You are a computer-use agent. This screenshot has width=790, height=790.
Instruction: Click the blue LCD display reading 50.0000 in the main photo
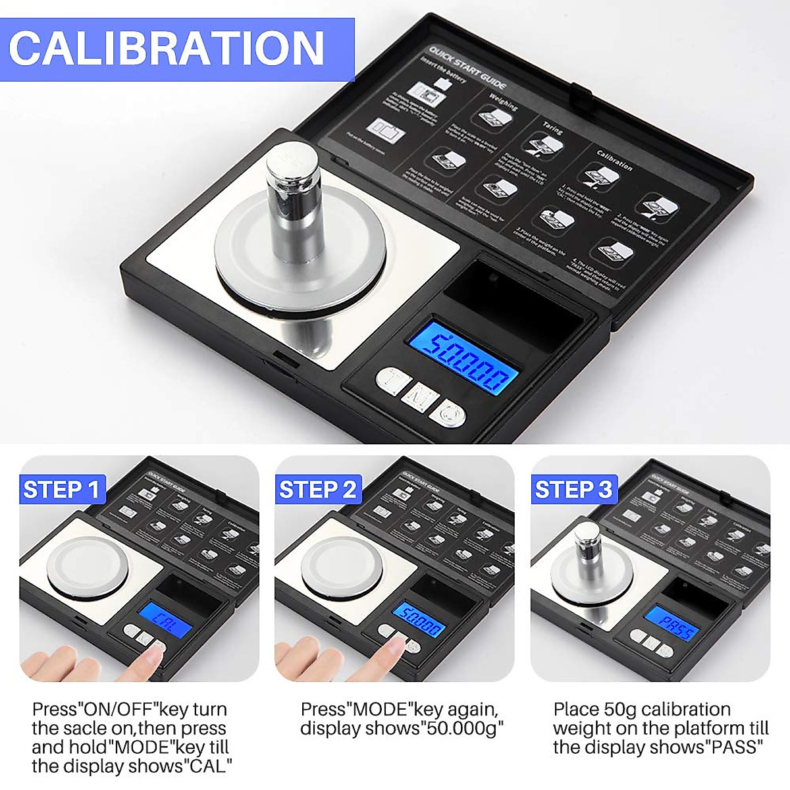462,358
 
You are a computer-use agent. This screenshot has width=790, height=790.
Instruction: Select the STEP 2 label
318,490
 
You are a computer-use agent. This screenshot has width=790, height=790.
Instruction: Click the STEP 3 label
573,490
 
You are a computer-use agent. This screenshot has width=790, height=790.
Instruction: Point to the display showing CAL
163,620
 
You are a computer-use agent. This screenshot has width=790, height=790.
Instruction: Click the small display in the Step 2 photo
419,620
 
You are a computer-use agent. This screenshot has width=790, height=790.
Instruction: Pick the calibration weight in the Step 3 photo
585,546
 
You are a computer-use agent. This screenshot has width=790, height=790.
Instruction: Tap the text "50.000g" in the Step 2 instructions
465,729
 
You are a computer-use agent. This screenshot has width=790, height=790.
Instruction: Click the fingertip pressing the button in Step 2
394,648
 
